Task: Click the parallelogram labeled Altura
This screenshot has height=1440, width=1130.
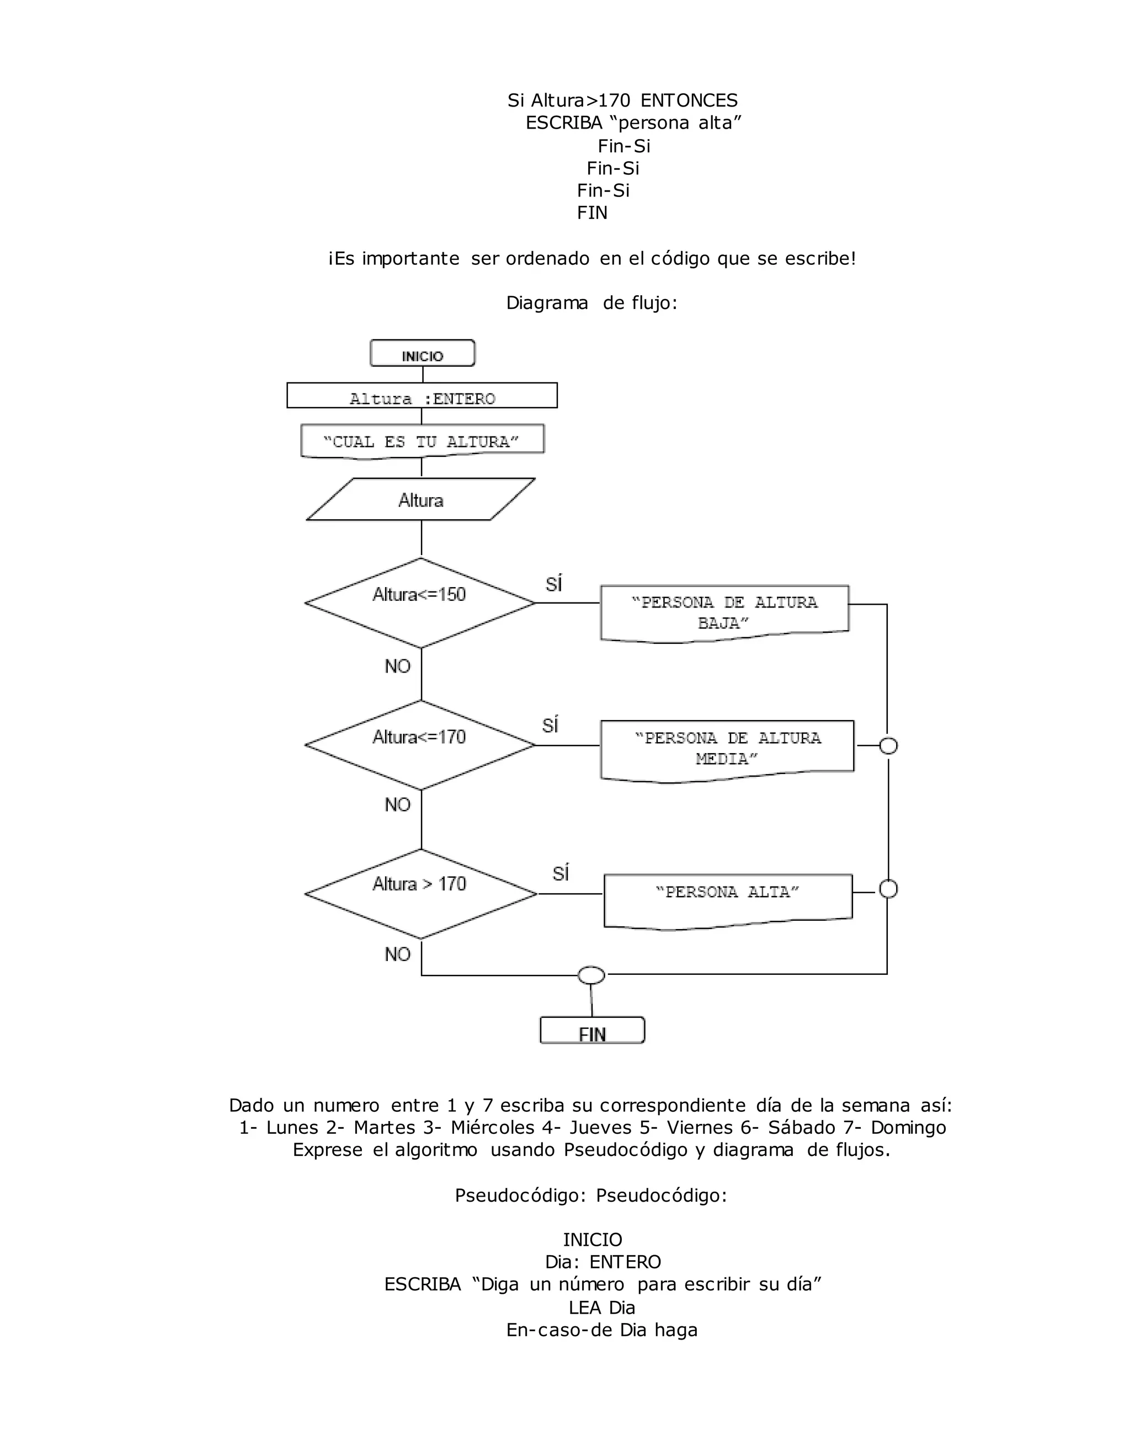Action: tap(421, 500)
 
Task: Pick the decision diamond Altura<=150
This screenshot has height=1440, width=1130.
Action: tap(420, 602)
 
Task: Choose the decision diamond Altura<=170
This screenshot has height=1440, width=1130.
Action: tap(420, 745)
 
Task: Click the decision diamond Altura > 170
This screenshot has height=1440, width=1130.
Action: tap(420, 893)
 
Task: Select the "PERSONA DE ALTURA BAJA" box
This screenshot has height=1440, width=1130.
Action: tap(724, 612)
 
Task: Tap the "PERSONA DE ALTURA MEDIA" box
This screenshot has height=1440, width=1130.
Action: tap(727, 749)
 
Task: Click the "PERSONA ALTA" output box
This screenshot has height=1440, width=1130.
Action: tap(728, 899)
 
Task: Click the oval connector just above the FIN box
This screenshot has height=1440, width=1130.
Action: tap(591, 975)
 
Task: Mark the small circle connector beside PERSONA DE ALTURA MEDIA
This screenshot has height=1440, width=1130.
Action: tap(888, 746)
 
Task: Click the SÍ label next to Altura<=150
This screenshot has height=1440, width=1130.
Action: tap(554, 584)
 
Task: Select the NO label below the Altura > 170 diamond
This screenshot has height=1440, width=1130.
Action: tap(398, 954)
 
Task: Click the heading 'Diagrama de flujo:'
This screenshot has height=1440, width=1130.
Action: tap(591, 303)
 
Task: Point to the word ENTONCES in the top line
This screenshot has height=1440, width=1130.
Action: tap(689, 100)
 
